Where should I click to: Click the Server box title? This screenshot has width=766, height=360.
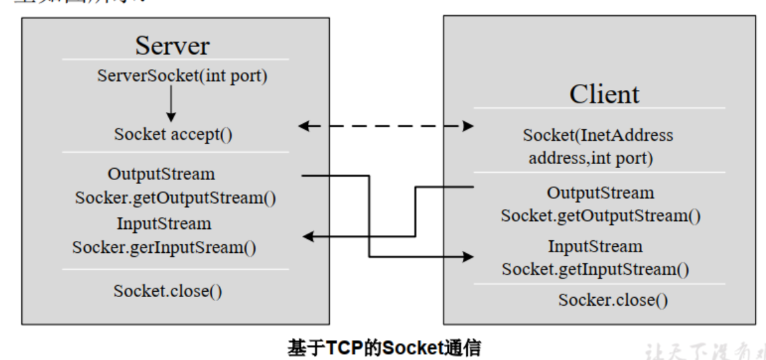click(173, 46)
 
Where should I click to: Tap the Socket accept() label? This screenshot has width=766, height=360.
click(176, 135)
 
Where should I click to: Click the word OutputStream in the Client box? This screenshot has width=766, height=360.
click(600, 193)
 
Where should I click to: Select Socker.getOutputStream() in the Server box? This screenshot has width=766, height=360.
click(175, 198)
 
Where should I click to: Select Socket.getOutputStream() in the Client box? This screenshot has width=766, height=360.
click(600, 216)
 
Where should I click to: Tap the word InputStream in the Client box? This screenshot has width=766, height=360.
click(595, 246)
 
